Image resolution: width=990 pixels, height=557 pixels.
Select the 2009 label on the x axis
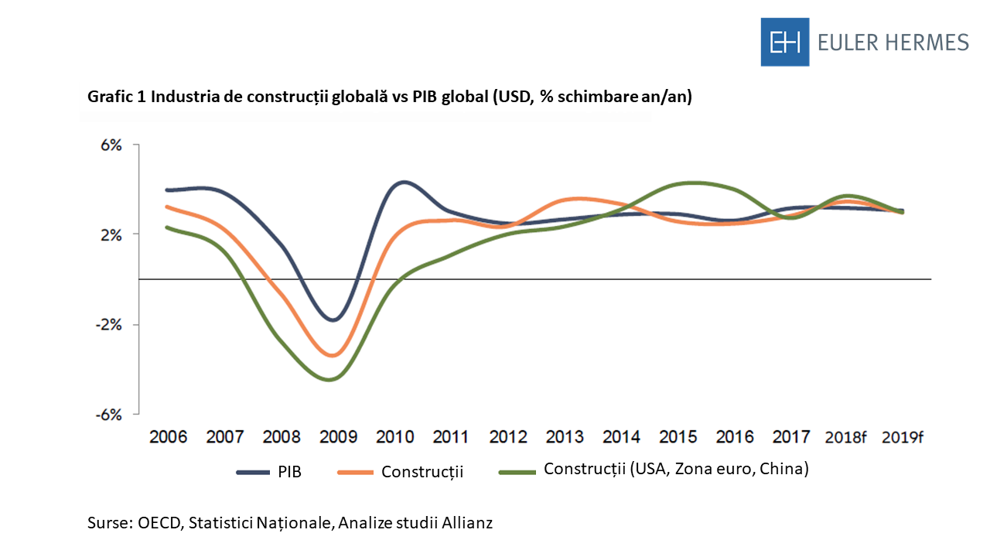click(x=338, y=437)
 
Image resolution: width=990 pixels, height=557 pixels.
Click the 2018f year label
click(x=845, y=437)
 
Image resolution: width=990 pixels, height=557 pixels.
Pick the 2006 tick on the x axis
click(x=168, y=437)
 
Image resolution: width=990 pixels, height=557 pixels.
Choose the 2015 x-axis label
click(x=678, y=437)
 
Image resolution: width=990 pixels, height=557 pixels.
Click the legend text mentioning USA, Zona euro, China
click(x=676, y=469)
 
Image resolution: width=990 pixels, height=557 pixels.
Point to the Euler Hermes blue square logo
click(x=784, y=42)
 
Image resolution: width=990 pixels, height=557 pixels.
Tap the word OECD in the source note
click(x=158, y=523)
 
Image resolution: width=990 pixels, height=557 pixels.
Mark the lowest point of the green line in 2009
click(x=330, y=379)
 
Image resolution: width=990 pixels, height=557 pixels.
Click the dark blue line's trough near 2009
click(x=333, y=320)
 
